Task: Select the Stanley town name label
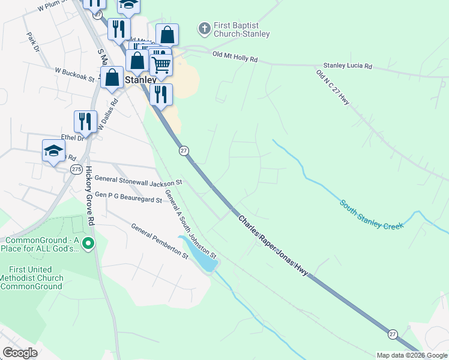[140, 79]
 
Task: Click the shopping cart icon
[161, 64]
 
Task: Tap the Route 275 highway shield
[76, 170]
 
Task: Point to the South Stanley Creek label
[372, 214]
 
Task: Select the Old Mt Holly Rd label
[235, 57]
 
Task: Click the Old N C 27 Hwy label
[333, 88]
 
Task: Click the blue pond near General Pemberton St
[201, 257]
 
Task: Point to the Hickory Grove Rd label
[91, 196]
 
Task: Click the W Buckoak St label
[75, 73]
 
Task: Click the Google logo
[20, 353]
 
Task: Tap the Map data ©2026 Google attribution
[412, 355]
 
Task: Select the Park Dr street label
[32, 41]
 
